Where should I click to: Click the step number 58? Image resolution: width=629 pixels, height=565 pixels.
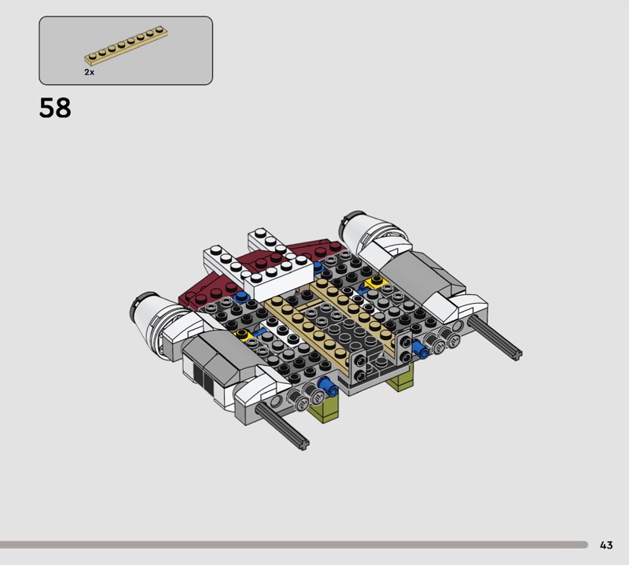click(55, 108)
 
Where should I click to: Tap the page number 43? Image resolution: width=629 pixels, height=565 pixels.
click(606, 545)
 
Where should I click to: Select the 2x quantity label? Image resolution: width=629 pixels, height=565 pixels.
click(89, 72)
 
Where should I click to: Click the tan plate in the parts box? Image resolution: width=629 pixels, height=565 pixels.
click(126, 45)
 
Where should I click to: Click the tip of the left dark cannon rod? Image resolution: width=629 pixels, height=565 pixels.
click(305, 445)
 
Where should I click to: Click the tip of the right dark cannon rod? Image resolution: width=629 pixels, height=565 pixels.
click(517, 355)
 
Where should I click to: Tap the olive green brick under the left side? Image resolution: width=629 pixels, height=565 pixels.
click(325, 408)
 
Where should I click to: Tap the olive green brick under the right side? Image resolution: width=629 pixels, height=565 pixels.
click(399, 379)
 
